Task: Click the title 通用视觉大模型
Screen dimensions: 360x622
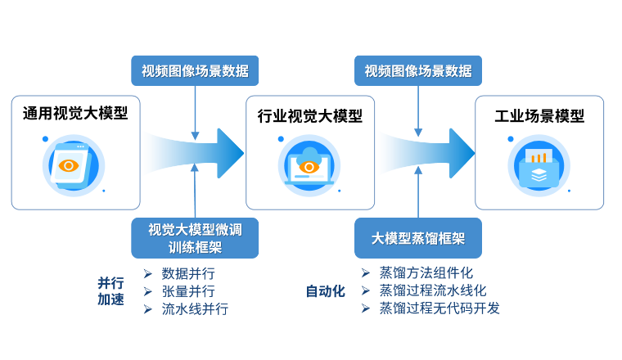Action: [75, 114]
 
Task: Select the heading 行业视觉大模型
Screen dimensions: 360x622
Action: [309, 116]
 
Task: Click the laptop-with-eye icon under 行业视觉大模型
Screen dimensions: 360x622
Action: [309, 165]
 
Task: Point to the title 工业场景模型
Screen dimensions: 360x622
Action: [539, 116]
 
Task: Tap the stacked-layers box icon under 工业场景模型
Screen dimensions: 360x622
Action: [539, 166]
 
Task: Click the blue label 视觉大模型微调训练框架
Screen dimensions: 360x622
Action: [195, 238]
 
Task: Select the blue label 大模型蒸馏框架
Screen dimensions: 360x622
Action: [418, 238]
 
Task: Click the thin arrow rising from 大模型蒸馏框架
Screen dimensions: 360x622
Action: [418, 193]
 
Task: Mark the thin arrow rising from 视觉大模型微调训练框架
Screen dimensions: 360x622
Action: [195, 191]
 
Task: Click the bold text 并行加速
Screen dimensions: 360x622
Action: [111, 291]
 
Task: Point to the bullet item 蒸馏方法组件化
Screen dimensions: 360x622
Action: [426, 273]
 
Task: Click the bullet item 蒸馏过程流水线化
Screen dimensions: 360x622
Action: [432, 290]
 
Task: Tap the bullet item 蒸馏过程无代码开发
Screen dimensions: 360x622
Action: [439, 308]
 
